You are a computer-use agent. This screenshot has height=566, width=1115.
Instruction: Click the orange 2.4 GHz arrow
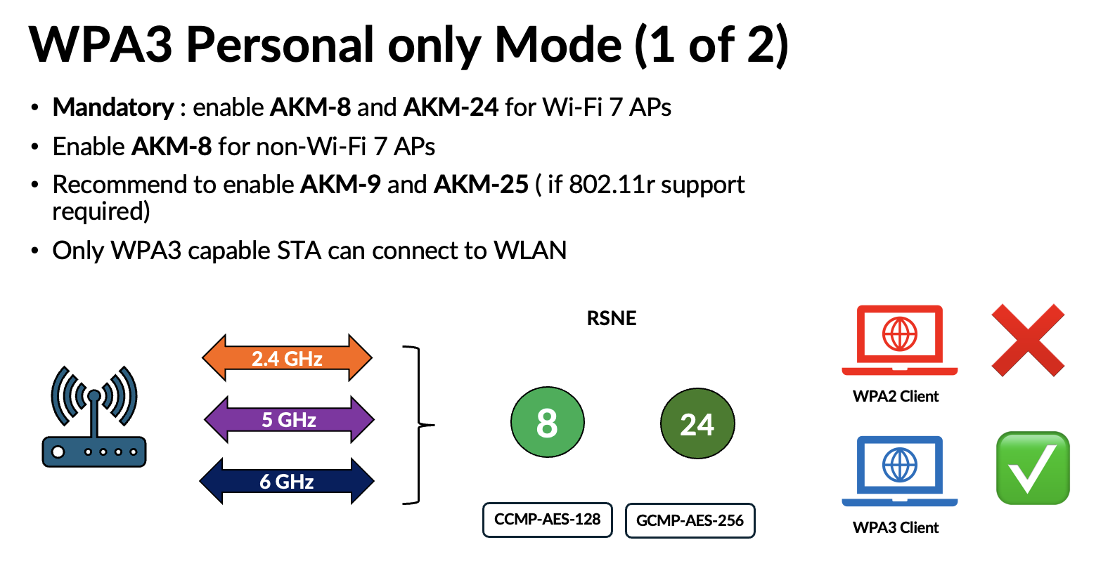click(x=287, y=358)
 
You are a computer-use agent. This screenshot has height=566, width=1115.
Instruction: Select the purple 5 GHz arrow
click(x=289, y=420)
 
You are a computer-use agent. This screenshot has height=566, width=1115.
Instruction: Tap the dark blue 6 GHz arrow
click(x=287, y=482)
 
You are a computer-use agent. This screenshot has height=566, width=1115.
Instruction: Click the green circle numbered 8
click(x=547, y=423)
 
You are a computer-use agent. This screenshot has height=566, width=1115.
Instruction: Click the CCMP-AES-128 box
click(x=547, y=520)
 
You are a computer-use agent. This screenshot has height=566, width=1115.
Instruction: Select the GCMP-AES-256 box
click(x=690, y=520)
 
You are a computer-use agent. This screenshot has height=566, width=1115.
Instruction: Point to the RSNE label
click(x=612, y=318)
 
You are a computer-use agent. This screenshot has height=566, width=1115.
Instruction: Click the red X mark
click(x=1028, y=341)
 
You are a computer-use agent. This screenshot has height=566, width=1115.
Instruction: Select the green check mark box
click(x=1033, y=468)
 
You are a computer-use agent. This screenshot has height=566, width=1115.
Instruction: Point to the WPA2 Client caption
click(x=896, y=396)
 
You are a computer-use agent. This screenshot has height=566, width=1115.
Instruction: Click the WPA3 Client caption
click(x=896, y=527)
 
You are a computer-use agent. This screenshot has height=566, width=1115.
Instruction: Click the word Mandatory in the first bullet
click(x=113, y=107)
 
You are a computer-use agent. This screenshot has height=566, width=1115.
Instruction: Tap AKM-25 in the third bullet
click(x=481, y=185)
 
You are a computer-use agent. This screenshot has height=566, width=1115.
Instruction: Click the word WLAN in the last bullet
click(x=530, y=251)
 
